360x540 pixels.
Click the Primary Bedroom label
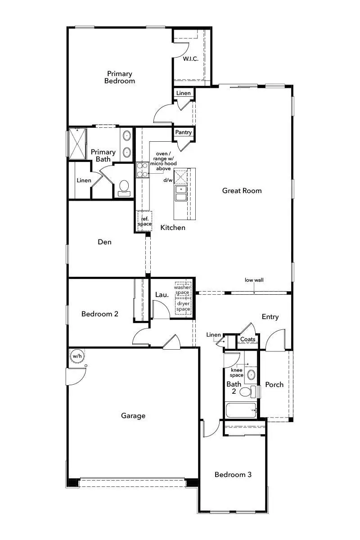119,77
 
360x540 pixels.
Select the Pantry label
184,132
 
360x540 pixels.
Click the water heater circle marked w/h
77,356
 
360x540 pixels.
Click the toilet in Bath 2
246,391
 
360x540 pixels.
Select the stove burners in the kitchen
143,170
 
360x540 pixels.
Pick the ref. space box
145,221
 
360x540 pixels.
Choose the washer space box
183,289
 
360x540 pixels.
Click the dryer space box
183,306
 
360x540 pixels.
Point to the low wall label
254,280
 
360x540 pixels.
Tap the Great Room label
242,191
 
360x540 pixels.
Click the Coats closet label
248,339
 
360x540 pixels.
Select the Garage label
133,416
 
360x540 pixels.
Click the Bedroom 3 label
233,475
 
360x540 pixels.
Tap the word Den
104,242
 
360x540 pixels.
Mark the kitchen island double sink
181,193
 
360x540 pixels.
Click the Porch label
274,384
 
